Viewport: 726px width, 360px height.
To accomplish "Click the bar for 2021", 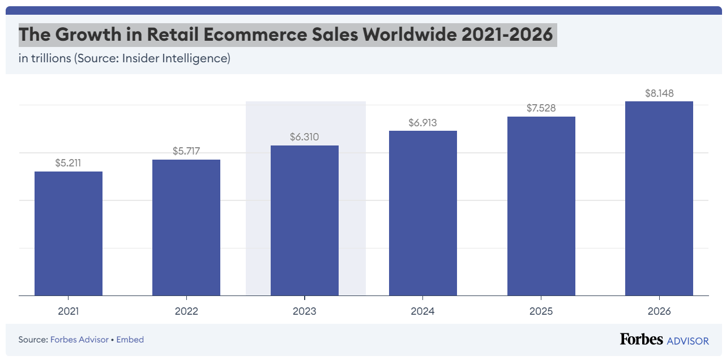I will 69,233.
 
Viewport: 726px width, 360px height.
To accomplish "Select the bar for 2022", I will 186,228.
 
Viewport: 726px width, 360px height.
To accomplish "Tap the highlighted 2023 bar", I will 305,220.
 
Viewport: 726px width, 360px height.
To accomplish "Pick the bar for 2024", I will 422,213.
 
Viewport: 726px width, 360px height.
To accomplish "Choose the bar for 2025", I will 541,206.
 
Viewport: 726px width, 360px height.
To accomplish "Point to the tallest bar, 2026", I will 659,198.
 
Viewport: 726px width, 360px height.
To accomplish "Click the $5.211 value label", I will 69,163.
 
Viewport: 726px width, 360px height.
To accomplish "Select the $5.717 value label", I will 186,151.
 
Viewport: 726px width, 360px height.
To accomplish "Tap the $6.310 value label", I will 305,137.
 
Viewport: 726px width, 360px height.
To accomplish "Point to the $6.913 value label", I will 422,122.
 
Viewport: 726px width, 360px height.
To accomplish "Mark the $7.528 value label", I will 541,108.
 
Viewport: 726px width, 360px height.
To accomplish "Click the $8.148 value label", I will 659,93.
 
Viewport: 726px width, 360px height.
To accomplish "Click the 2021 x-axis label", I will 69,311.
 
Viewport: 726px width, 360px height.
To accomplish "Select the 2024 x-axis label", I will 422,311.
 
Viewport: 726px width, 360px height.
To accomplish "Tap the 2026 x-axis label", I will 659,311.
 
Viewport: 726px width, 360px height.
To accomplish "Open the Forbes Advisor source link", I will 79,340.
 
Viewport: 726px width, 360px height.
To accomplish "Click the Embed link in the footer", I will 130,340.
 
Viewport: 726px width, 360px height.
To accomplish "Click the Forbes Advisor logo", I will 664,340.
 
